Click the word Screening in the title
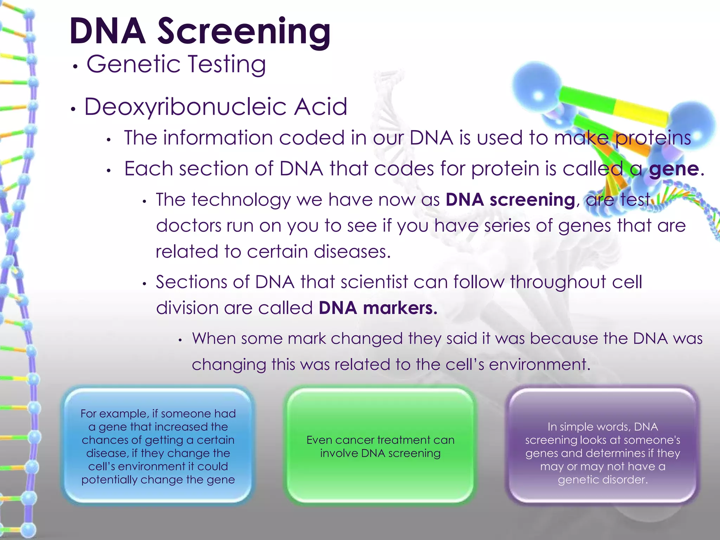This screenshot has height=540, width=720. coord(244,32)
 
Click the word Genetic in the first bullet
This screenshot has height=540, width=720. coord(133,64)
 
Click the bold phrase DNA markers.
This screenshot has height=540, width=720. coord(378,308)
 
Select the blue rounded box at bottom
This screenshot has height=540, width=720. coord(158,446)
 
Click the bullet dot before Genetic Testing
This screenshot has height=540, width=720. coord(75,66)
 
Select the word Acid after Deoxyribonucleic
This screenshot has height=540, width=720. coord(321,107)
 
